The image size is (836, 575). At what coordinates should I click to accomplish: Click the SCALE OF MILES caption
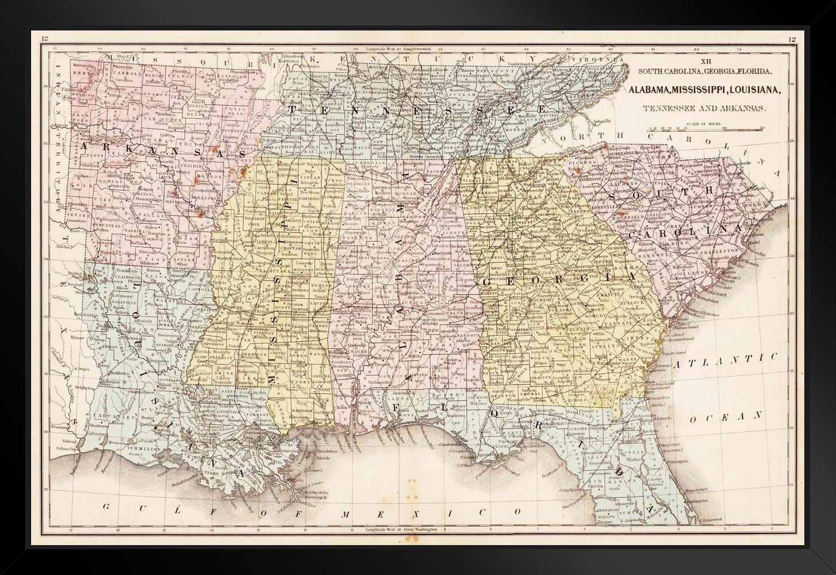705,123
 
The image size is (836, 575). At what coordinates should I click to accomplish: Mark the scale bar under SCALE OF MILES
705,129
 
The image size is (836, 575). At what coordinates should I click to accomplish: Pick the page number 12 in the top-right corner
792,39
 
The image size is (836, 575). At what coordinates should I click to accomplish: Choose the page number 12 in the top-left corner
44,39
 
